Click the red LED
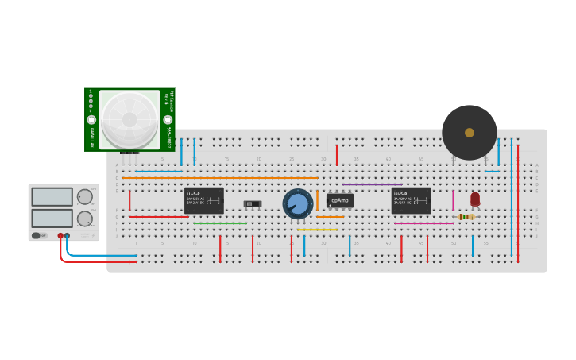point(475,199)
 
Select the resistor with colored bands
point(466,216)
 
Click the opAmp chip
point(340,200)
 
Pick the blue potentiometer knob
point(298,204)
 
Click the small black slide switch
point(253,204)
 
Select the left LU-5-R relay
point(204,200)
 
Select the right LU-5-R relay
point(411,200)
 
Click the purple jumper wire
point(372,184)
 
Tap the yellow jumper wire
point(317,230)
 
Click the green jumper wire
point(220,223)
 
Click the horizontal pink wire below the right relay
point(423,223)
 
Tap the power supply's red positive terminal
point(60,236)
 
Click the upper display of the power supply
point(52,196)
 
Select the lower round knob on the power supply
point(84,218)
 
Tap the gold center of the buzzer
point(470,133)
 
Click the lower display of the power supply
point(52,218)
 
